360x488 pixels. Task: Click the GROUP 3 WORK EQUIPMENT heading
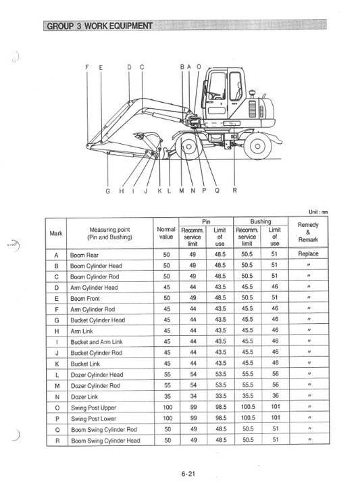(x=99, y=26)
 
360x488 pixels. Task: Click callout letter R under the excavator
(x=234, y=191)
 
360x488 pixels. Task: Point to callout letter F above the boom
(x=87, y=67)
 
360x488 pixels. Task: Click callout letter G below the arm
(x=107, y=191)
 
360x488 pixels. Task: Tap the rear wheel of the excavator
(x=257, y=145)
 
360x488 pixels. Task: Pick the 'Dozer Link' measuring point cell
(x=84, y=397)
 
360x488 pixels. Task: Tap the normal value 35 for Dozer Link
(x=166, y=397)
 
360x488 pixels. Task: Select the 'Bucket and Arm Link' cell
(x=97, y=342)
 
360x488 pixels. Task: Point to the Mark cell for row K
(x=56, y=364)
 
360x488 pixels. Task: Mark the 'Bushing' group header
(x=260, y=221)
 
